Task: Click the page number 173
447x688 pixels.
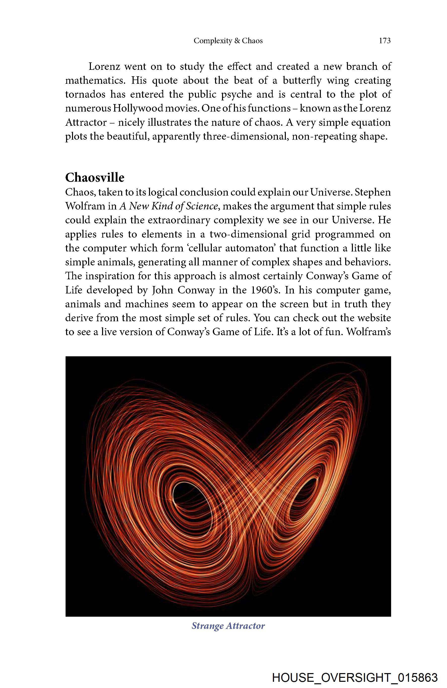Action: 385,41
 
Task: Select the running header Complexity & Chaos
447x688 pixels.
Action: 228,41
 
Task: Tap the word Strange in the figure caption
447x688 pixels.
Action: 207,626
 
